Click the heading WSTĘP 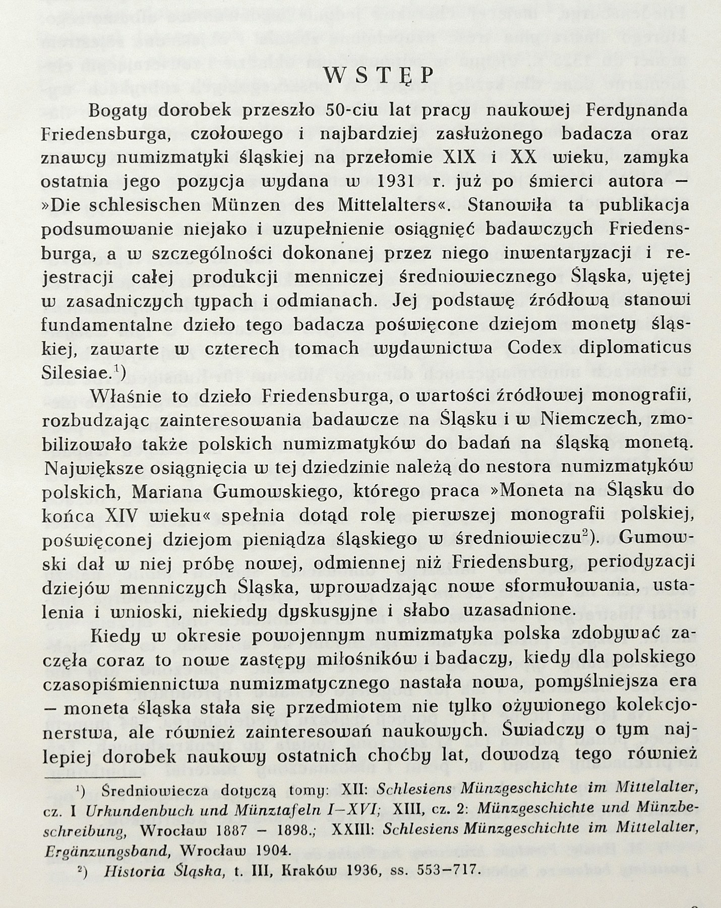pyautogui.click(x=378, y=76)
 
